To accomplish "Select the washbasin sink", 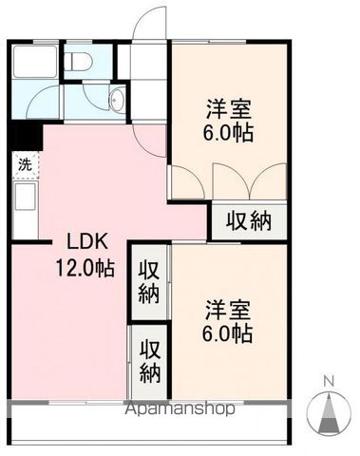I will click(x=117, y=101).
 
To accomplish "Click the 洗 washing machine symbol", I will click(x=24, y=164).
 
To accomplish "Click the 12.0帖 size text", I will click(x=85, y=269).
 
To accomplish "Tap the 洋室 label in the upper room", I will click(x=228, y=108).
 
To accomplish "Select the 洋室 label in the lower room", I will click(x=228, y=311).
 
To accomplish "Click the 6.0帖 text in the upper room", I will click(x=229, y=133).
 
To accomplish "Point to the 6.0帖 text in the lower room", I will click(x=228, y=334).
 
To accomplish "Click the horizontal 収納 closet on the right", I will click(x=248, y=221).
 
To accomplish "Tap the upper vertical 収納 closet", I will click(x=150, y=279).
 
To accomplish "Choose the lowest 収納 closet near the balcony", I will click(x=150, y=358).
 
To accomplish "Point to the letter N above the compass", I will click(x=331, y=382).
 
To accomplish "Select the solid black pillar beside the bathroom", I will click(x=23, y=135).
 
